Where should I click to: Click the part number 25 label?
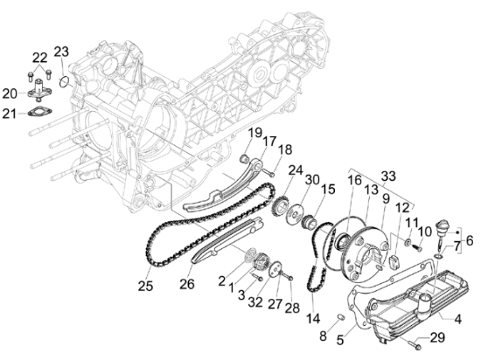tap(145, 286)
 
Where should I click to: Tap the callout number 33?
tap(388, 177)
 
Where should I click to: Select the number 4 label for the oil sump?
tap(457, 319)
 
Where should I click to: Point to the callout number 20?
tap(10, 93)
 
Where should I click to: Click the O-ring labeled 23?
tap(64, 82)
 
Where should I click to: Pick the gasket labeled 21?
tap(40, 112)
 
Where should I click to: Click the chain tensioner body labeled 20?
tap(39, 90)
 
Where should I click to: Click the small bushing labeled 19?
tap(243, 158)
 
